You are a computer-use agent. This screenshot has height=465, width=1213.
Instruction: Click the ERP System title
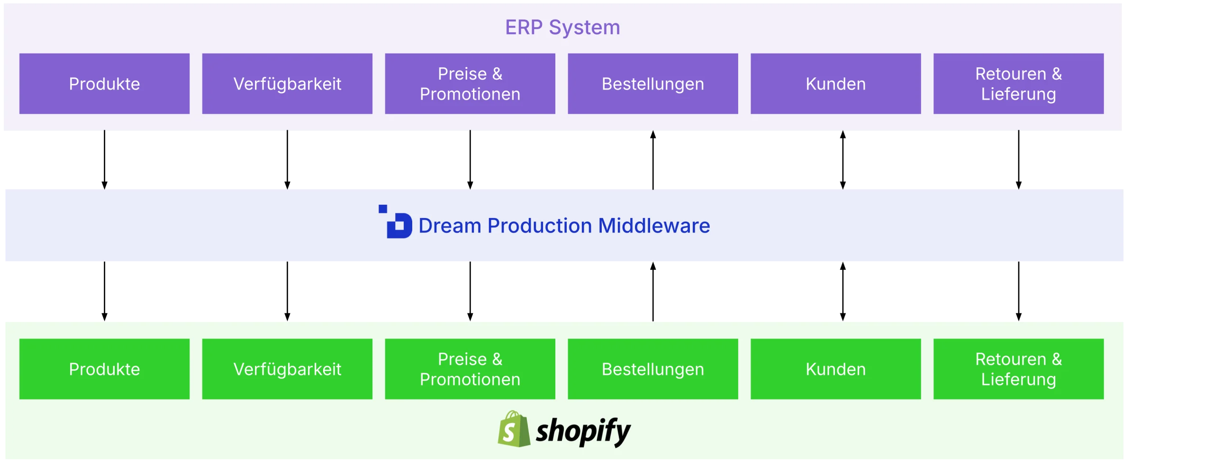pyautogui.click(x=562, y=27)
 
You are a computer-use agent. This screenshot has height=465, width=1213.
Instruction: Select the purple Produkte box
pyautogui.click(x=104, y=84)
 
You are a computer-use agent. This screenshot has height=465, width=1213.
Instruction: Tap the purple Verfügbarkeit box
pyautogui.click(x=287, y=84)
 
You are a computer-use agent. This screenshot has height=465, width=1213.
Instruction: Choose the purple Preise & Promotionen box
pyautogui.click(x=470, y=84)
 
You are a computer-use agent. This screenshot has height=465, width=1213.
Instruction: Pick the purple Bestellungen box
pyautogui.click(x=653, y=84)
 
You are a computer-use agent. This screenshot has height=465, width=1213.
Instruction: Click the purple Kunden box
pyautogui.click(x=836, y=84)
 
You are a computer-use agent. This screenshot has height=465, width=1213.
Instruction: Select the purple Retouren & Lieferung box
pyautogui.click(x=1019, y=84)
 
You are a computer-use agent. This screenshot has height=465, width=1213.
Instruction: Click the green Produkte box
pyautogui.click(x=104, y=369)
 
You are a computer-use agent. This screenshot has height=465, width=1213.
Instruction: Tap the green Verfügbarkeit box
pyautogui.click(x=287, y=369)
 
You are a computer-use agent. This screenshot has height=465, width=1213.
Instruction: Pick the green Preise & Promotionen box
pyautogui.click(x=470, y=369)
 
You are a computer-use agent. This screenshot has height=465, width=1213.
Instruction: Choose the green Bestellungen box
pyautogui.click(x=653, y=369)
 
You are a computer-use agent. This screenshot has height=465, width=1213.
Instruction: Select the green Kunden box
pyautogui.click(x=836, y=369)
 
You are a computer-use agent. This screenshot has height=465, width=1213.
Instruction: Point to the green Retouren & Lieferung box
pyautogui.click(x=1019, y=369)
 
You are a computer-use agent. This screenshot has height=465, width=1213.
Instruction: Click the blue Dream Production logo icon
pyautogui.click(x=396, y=222)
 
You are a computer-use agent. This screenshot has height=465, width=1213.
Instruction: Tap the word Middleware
pyautogui.click(x=654, y=226)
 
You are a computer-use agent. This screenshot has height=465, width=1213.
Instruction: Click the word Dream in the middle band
pyautogui.click(x=450, y=226)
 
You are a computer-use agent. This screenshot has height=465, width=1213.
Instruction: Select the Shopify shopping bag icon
pyautogui.click(x=514, y=429)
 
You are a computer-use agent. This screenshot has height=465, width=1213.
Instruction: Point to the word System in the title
pyautogui.click(x=584, y=27)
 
